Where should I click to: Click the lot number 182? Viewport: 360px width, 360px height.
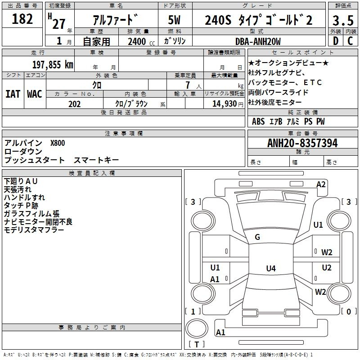tap(22, 19)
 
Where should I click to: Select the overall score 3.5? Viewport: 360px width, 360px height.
tap(342, 21)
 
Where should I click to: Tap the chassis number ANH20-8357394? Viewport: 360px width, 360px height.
tap(302, 143)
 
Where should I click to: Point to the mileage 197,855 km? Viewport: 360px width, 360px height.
tap(53, 64)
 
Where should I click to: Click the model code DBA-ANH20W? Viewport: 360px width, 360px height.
tap(258, 41)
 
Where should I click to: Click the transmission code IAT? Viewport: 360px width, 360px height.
tap(13, 94)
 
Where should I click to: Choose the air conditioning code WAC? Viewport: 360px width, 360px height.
tap(34, 94)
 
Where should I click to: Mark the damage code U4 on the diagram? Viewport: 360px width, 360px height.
tap(270, 269)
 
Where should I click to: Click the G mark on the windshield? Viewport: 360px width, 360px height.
tap(257, 237)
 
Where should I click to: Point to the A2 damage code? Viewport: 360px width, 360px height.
tap(321, 184)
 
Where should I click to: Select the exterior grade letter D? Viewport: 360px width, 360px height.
tap(335, 41)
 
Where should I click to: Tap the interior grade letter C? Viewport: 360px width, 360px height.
tap(350, 41)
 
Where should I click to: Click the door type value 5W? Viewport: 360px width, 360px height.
tap(174, 20)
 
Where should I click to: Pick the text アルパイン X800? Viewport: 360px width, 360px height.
tap(35, 143)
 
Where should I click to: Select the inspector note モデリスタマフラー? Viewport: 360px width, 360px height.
tap(34, 230)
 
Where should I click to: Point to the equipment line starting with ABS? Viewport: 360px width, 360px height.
tap(288, 121)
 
